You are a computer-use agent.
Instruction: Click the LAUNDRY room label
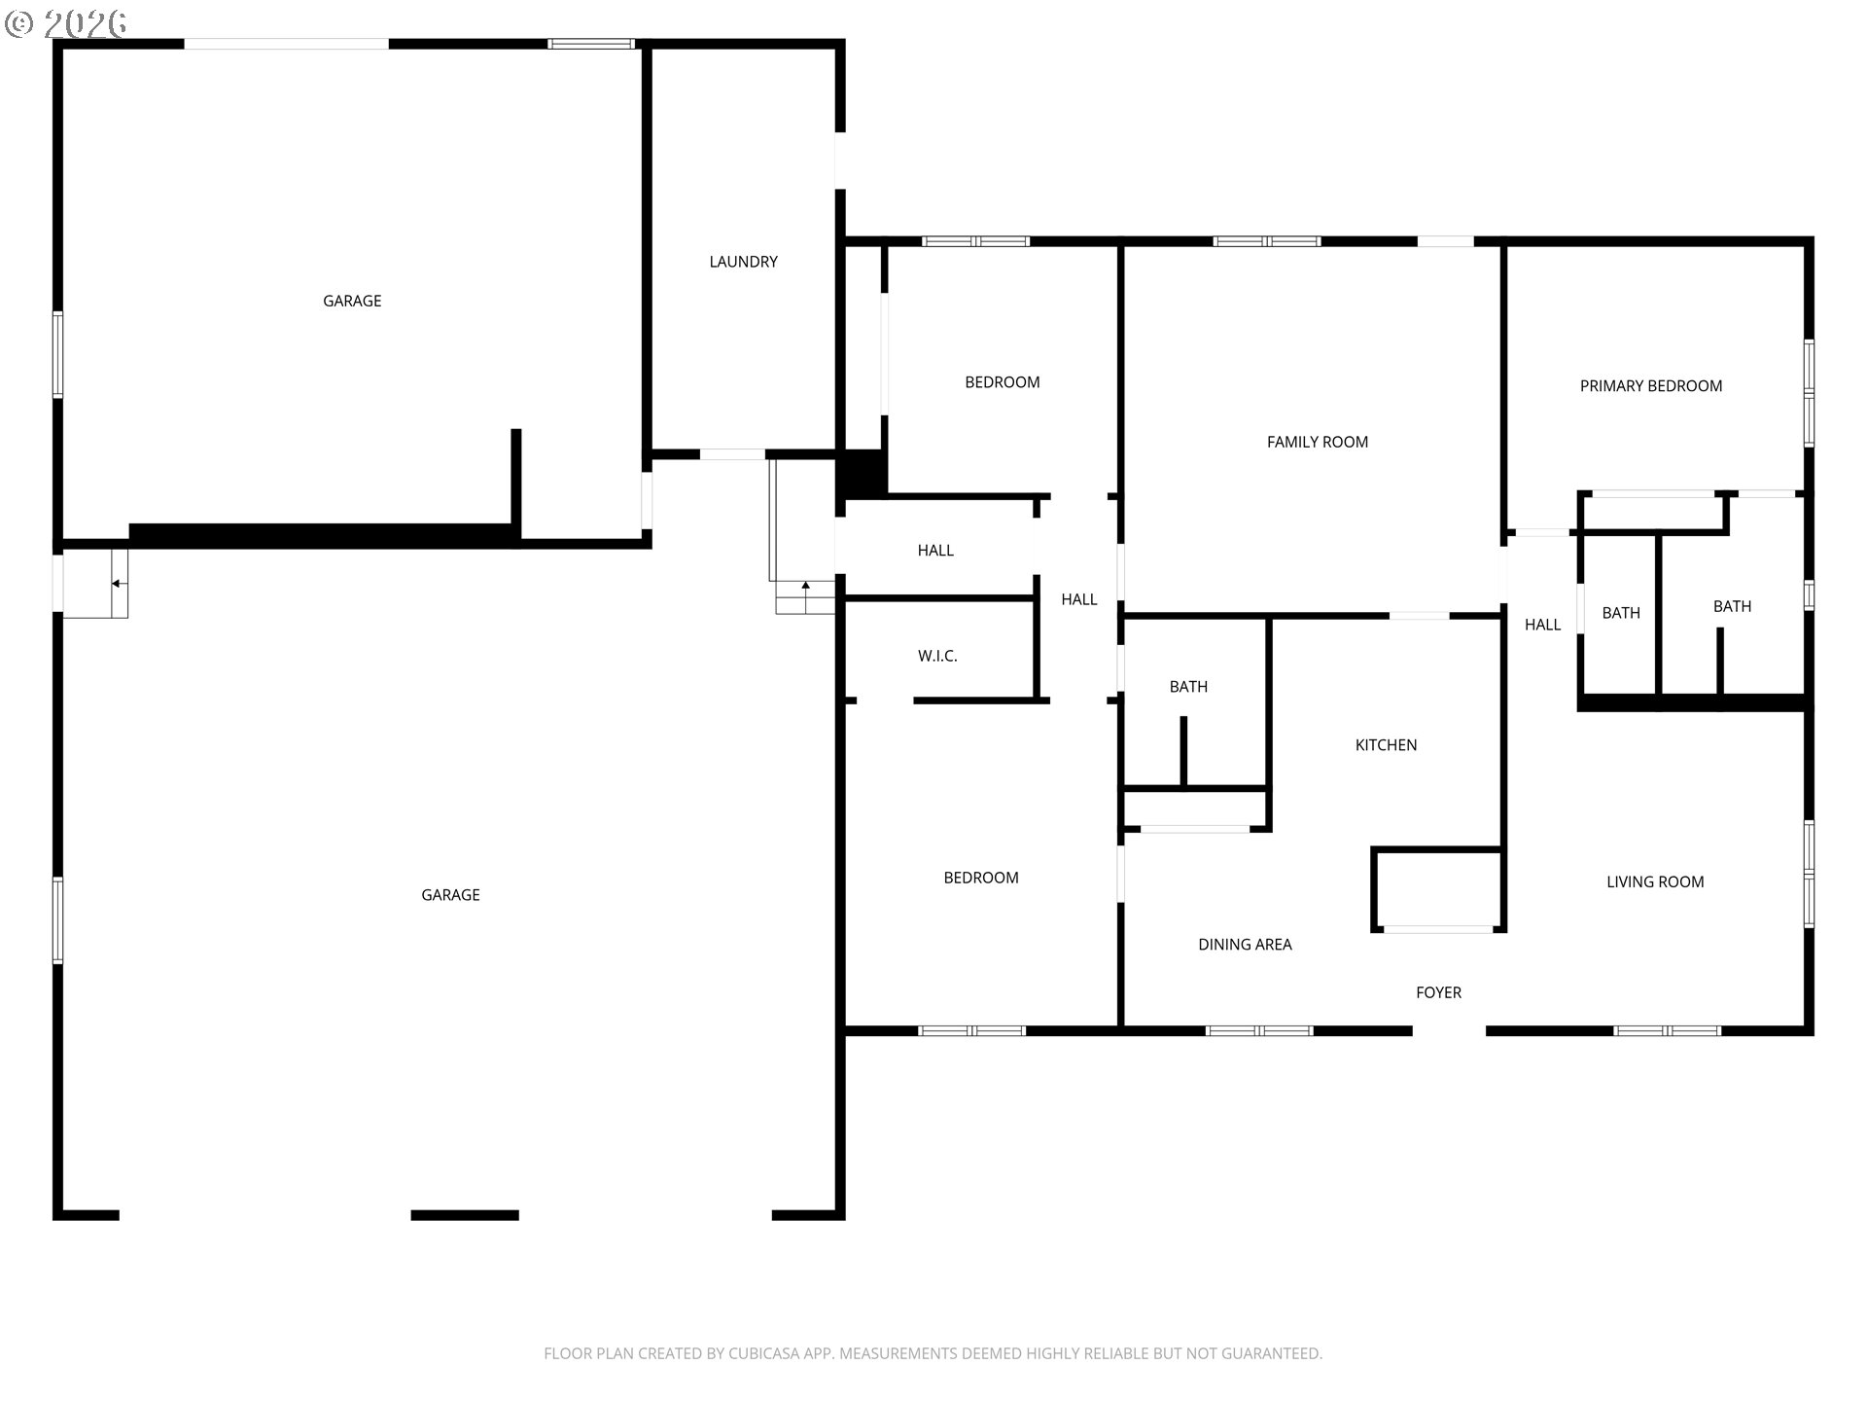click(743, 262)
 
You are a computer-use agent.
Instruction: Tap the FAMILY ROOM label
click(1317, 442)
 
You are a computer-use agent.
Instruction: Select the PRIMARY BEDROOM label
click(1650, 386)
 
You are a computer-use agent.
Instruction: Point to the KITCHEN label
click(1386, 745)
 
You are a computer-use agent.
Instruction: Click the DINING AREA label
click(1245, 945)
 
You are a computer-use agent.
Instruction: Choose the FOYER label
click(1438, 992)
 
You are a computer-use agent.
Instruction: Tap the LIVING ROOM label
click(1655, 882)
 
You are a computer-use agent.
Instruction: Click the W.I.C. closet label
click(937, 657)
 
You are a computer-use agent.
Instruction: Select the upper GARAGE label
click(352, 302)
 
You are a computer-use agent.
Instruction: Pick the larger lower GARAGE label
click(450, 895)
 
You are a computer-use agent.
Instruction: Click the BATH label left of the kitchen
click(1188, 687)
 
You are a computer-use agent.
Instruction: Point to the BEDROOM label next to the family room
click(1002, 382)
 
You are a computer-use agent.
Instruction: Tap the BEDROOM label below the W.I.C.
click(981, 878)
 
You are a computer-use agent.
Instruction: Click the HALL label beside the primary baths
click(1542, 625)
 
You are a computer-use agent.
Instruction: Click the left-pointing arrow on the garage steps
click(117, 584)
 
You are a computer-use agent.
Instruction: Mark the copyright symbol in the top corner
click(18, 24)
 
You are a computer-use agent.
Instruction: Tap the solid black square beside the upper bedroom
click(862, 475)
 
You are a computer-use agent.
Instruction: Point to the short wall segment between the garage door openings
click(465, 1215)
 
